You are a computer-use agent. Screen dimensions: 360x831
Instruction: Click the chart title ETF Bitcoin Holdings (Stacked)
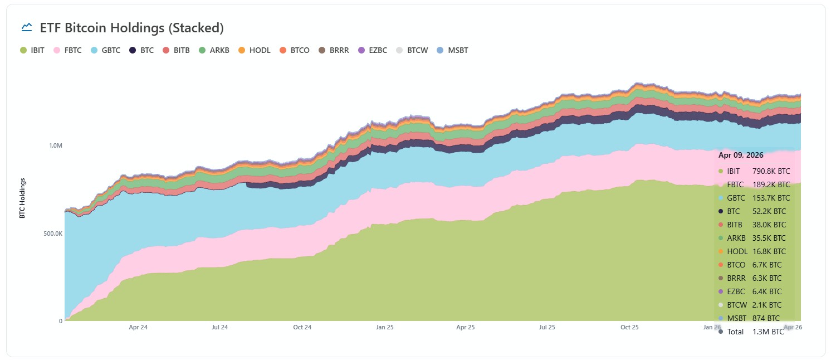tap(131, 27)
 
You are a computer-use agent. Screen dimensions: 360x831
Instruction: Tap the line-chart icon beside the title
tap(26, 27)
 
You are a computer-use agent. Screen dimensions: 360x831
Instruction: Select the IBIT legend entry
tap(33, 50)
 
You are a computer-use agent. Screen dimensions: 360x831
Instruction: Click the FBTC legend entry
tap(68, 50)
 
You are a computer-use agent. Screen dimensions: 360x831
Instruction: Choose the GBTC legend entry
tap(106, 50)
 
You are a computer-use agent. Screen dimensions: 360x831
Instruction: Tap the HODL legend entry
tap(255, 50)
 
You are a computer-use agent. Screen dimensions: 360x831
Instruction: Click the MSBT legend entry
tap(452, 50)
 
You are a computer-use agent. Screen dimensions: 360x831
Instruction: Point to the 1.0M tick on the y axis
tap(56, 145)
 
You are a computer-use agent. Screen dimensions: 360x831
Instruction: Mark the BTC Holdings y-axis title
tap(23, 198)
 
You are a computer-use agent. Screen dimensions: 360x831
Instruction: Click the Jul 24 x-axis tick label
tap(220, 327)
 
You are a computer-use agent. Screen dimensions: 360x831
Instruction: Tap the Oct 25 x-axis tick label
tap(629, 327)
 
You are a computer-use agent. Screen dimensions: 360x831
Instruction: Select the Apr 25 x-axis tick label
tap(465, 327)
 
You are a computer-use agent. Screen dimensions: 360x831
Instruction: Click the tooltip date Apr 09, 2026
tap(741, 155)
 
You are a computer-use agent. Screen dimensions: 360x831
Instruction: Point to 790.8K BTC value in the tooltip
tap(771, 171)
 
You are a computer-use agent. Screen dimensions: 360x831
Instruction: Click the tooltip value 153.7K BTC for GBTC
tap(771, 198)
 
